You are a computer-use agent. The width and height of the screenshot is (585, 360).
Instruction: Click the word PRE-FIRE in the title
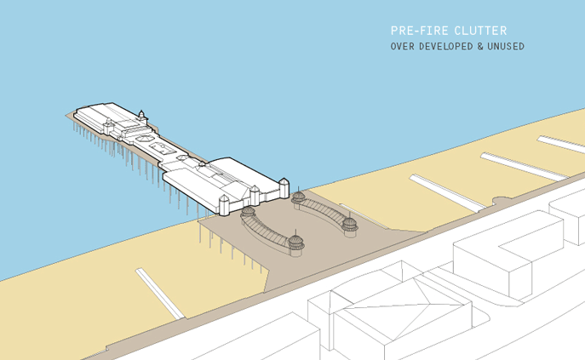tap(415, 31)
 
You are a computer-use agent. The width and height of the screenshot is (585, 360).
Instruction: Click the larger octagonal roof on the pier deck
tap(144, 139)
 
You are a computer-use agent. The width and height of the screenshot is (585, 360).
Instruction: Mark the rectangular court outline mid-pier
tap(163, 148)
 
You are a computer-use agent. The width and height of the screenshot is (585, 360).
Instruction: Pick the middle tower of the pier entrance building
tap(255, 195)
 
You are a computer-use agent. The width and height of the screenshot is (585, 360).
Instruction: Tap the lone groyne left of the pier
tap(160, 294)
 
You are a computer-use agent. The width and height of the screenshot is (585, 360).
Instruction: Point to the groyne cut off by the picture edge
tap(561, 145)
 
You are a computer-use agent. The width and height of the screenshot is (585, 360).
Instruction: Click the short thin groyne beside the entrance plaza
tap(364, 215)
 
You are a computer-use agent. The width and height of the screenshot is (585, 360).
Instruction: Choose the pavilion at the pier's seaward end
tap(108, 118)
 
